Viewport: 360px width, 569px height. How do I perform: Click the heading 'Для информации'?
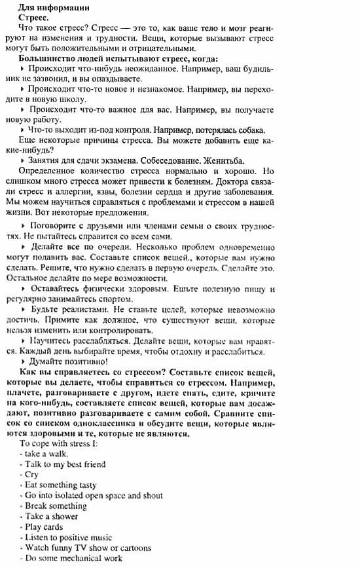pyautogui.click(x=53, y=8)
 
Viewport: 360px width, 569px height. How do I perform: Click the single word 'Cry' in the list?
pyautogui.click(x=31, y=475)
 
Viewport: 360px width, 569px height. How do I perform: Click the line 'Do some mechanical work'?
pyautogui.click(x=73, y=559)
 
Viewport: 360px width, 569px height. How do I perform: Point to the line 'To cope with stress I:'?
pyautogui.click(x=60, y=443)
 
